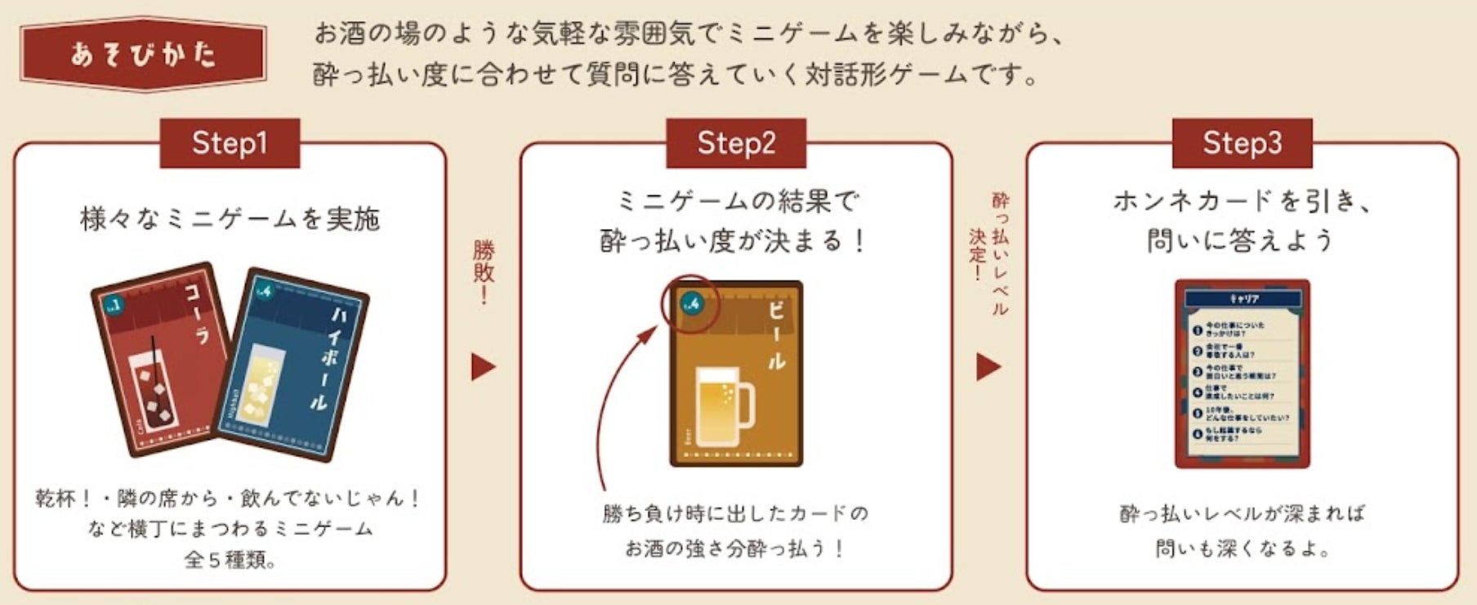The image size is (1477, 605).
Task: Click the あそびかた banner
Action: coord(144,54)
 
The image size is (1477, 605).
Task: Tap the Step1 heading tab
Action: coord(230,143)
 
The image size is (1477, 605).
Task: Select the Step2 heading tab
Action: coord(735,143)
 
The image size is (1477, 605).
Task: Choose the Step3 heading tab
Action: coord(1242,143)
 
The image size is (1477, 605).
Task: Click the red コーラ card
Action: coord(159,360)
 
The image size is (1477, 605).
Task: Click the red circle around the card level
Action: coord(690,304)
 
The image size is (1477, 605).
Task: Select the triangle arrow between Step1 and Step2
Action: coord(483,367)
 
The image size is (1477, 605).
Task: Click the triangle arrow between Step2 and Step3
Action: coord(988,367)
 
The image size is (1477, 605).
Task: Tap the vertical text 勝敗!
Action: coord(484,271)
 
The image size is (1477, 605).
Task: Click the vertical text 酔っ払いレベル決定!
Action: coord(990,249)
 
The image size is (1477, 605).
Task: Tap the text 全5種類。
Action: coord(230,560)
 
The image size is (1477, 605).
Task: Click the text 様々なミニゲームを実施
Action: coord(230,219)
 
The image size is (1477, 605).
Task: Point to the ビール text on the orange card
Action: coord(776,335)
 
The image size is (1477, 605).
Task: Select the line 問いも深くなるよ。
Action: coord(1242,548)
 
